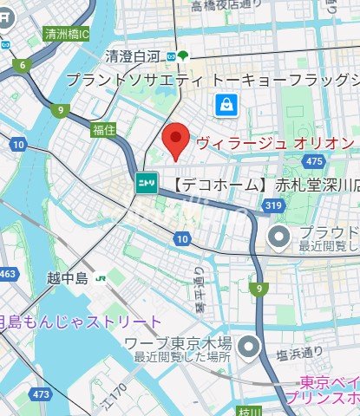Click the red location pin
(x=176, y=140)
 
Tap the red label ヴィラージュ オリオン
(x=276, y=141)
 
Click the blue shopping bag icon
(x=225, y=105)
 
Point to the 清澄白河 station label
(x=134, y=57)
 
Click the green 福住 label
(x=104, y=130)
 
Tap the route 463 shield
(x=8, y=275)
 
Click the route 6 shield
(x=19, y=65)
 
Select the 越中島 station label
(x=69, y=278)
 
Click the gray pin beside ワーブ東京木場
(x=250, y=348)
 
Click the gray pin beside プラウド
(x=278, y=237)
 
